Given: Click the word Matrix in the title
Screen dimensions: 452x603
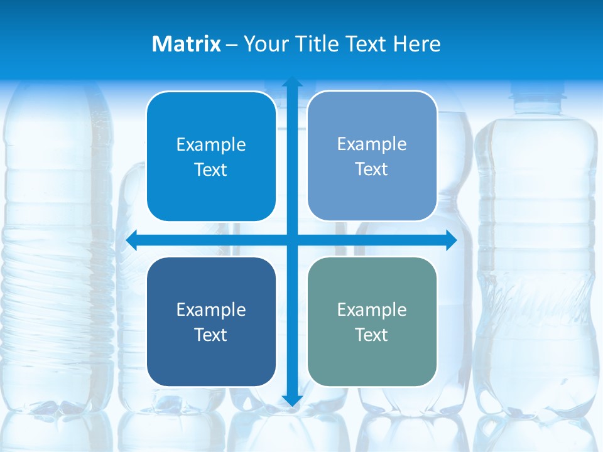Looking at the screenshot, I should click(186, 44).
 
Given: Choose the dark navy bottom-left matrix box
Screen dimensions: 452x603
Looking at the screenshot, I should click(211, 358).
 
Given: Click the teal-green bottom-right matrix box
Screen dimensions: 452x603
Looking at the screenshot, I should click(372, 358).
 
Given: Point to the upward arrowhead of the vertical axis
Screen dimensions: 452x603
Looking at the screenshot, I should click(292, 82).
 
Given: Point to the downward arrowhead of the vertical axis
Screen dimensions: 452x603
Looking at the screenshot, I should click(292, 401).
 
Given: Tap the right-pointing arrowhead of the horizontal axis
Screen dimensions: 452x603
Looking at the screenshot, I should click(451, 240).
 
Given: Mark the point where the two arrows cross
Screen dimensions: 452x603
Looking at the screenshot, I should click(292, 240).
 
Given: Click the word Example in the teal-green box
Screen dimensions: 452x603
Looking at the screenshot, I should click(372, 309).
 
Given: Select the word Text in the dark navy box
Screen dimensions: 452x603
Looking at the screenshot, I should click(211, 335).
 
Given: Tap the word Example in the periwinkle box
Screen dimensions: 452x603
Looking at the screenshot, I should click(372, 144).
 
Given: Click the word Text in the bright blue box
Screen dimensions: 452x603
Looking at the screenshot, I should click(211, 169).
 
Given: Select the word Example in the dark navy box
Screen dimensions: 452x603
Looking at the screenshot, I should click(211, 309).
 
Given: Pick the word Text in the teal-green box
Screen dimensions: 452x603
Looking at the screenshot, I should click(372, 335).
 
